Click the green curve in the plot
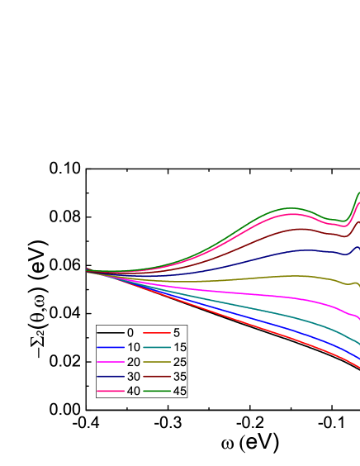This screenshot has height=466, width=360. coord(289,207)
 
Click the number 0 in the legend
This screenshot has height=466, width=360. coord(130,332)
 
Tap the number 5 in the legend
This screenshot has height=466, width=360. coord(177,332)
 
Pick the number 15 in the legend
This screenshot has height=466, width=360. coord(180,347)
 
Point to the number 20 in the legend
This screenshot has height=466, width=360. coord(133,362)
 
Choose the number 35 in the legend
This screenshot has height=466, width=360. coord(180,376)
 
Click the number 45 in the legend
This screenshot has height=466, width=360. coord(180,391)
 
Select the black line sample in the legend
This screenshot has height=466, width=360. coord(111,332)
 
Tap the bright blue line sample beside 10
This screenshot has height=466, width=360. coord(111,347)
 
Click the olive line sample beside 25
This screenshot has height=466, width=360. coord(157,362)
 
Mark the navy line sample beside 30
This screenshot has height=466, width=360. coord(111,376)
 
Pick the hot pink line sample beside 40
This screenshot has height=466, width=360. coord(111,391)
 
